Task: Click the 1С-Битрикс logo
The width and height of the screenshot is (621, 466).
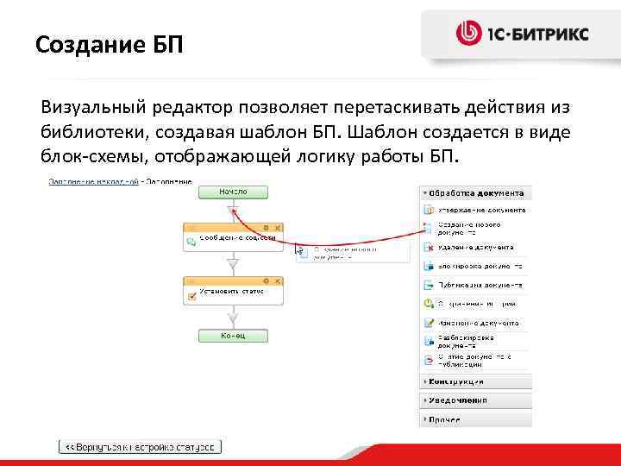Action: point(522,34)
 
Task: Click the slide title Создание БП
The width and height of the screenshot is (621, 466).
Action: point(110,42)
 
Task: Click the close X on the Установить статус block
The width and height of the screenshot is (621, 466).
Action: point(276,280)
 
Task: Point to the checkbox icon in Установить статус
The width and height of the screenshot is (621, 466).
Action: point(191,296)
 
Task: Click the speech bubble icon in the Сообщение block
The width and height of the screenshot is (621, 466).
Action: point(191,242)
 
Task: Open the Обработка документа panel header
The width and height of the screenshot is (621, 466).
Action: point(475,193)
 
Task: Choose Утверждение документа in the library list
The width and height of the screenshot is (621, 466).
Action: point(482,210)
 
